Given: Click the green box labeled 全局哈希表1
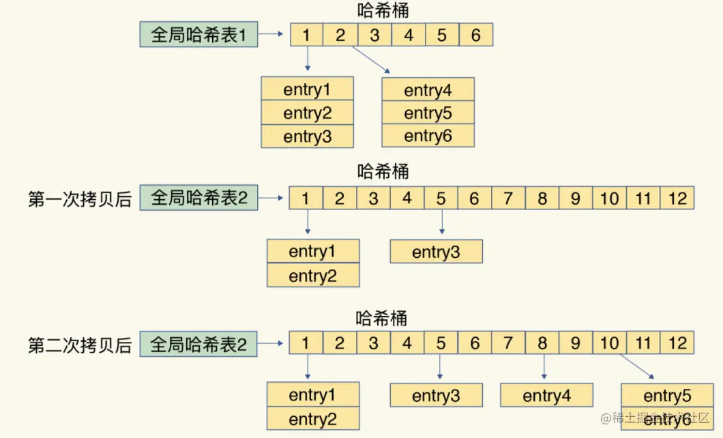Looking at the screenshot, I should (198, 35).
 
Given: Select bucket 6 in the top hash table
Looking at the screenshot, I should (475, 35).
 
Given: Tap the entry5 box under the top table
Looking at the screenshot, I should (428, 113).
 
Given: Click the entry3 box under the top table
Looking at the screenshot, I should (307, 136).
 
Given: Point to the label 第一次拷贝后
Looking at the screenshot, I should (79, 199).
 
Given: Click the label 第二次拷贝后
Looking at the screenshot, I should (79, 345).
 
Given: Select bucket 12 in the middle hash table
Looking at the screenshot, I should (677, 199).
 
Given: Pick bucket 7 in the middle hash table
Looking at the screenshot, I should (508, 199).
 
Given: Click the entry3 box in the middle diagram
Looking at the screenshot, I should (436, 252).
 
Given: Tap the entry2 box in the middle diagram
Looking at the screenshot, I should (312, 276).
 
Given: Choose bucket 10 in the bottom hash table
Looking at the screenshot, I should (609, 343).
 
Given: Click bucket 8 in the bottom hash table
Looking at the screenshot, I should (542, 343).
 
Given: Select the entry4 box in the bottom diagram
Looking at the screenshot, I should (546, 396).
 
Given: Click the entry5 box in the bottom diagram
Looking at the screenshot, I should (667, 396).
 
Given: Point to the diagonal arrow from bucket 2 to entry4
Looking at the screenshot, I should (370, 60).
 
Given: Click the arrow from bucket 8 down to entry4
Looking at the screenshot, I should (543, 366).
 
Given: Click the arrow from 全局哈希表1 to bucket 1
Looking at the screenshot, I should (273, 34).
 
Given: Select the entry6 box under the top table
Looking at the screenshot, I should (428, 136).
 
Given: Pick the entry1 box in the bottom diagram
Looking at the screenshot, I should (312, 395).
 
